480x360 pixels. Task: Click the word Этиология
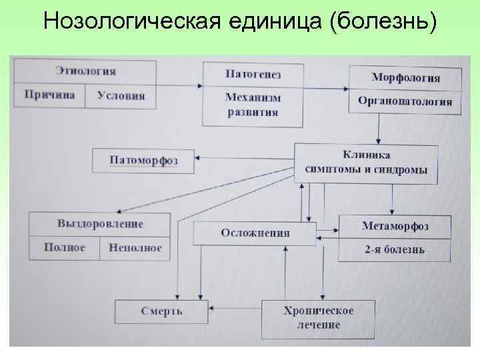click(85, 71)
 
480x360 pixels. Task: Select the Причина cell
click(49, 95)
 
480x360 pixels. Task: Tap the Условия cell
click(121, 95)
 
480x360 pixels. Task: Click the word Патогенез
click(253, 73)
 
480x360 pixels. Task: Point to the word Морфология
click(405, 77)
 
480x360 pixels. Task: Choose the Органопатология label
click(405, 101)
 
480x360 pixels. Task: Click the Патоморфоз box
click(143, 161)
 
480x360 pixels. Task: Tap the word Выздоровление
click(100, 223)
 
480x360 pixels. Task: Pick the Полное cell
click(64, 247)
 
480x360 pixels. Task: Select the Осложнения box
click(255, 233)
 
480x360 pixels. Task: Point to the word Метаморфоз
click(395, 225)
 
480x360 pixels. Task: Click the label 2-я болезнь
click(395, 250)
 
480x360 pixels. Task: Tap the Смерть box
click(161, 311)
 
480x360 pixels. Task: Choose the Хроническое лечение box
click(318, 318)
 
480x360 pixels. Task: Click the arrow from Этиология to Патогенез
click(179, 85)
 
